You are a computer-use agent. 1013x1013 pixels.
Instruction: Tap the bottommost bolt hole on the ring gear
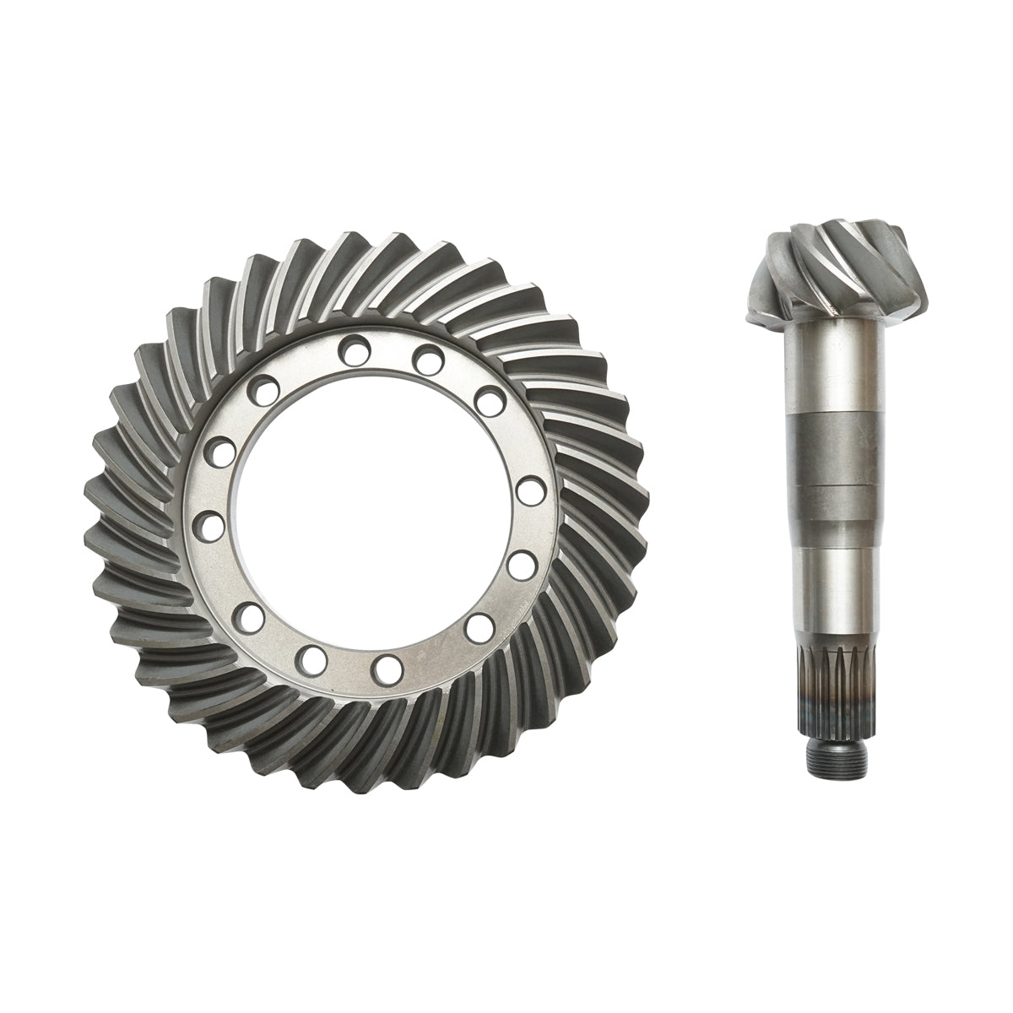[x=387, y=668]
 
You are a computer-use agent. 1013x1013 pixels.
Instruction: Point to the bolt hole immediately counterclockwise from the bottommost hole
[x=480, y=626]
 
